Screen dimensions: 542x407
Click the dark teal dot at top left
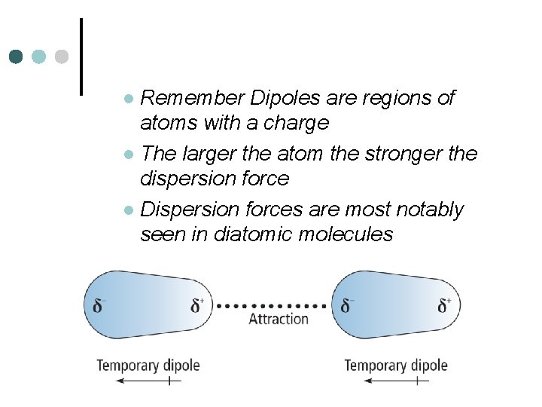(17, 57)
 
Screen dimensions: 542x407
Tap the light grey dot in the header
(62, 57)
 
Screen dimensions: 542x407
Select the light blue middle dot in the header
(39, 57)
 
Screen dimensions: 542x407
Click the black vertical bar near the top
(81, 57)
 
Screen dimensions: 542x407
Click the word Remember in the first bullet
(192, 98)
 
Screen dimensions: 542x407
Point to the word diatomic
(253, 234)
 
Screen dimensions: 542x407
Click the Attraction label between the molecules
(279, 319)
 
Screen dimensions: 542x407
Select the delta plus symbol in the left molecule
(197, 306)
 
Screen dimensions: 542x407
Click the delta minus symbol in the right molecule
(347, 306)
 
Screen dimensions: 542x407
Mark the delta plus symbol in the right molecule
(445, 306)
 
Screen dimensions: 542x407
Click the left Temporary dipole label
(148, 366)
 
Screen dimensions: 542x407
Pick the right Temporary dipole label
(396, 366)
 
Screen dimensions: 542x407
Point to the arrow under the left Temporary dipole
(148, 381)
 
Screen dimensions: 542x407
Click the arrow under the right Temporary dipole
(396, 381)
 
